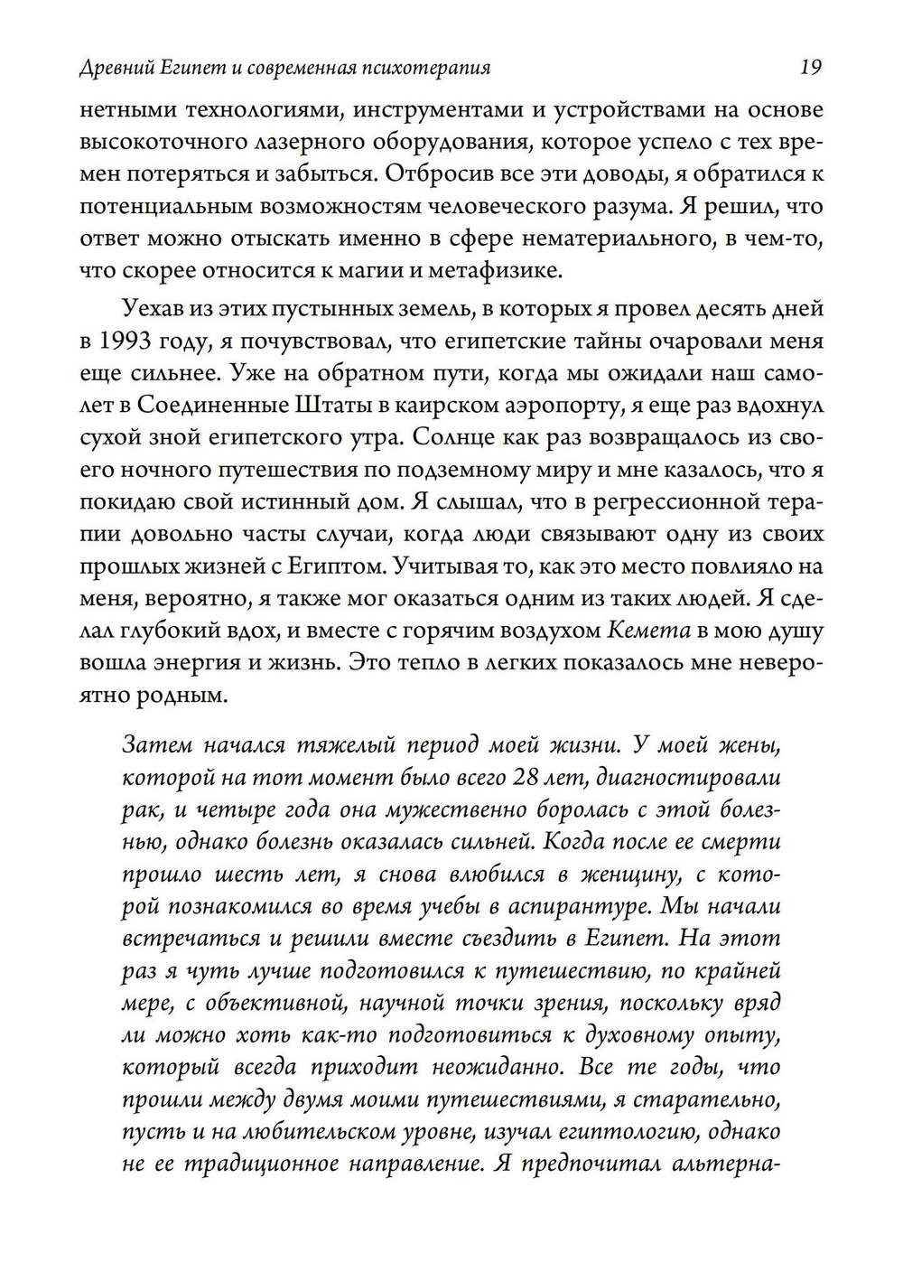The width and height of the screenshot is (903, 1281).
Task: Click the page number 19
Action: click(x=810, y=67)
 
